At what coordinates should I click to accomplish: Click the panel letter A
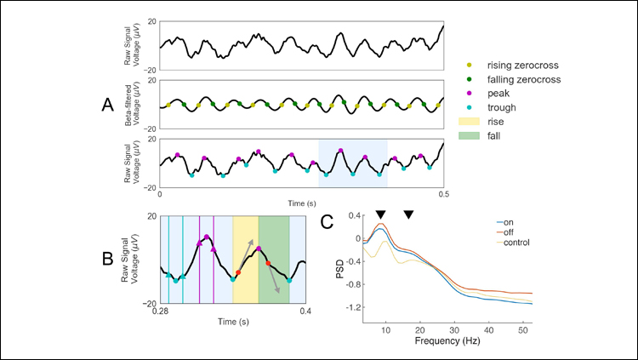click(107, 105)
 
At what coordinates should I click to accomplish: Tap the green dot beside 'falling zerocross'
click(470, 78)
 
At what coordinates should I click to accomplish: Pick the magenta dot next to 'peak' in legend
click(470, 93)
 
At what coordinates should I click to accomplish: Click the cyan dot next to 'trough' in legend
click(470, 107)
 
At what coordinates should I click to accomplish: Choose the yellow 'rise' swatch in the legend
click(470, 122)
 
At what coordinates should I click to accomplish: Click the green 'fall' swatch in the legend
click(470, 136)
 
